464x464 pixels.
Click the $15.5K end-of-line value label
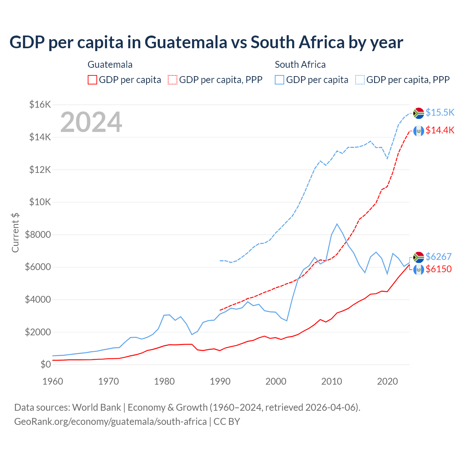440,112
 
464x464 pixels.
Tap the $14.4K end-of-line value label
440,130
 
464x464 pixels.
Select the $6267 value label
438,257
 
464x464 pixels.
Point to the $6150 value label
438,269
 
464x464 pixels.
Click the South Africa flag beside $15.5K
419,113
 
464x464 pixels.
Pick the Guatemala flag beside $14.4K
419,131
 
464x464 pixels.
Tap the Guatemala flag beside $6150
419,270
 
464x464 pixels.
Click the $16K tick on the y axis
40,105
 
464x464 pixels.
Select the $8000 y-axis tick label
38,235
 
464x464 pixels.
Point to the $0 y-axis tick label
45,364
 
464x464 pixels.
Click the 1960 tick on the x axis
53,381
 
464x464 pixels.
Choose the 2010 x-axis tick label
332,381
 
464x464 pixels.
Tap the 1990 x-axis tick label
220,381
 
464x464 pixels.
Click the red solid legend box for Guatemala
92,80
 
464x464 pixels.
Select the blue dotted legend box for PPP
360,80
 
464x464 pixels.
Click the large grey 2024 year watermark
91,122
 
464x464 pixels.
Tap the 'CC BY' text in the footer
227,422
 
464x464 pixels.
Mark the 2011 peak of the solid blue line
337,224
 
